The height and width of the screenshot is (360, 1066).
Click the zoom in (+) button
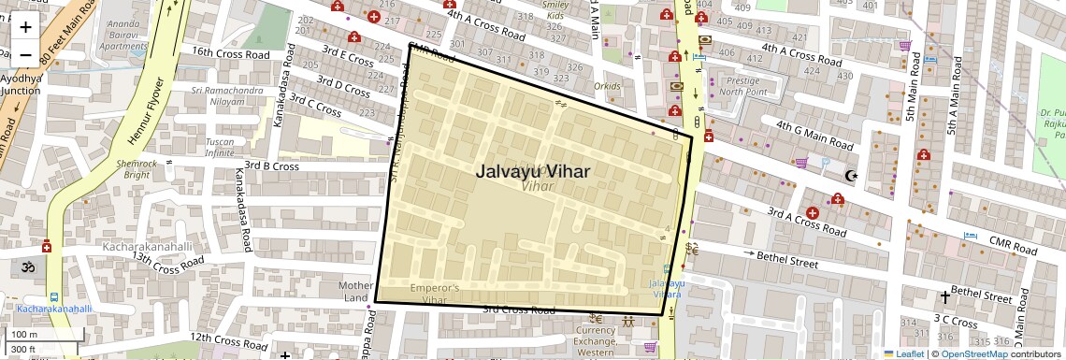click(25, 26)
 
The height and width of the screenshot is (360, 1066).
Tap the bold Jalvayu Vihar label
click(533, 171)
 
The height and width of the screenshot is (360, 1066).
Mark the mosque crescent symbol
click(851, 175)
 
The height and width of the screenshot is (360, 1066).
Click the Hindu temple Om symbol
click(26, 266)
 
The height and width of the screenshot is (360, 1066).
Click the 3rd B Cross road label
click(271, 166)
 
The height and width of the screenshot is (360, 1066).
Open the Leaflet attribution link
click(903, 353)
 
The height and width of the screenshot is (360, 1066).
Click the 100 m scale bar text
click(25, 335)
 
